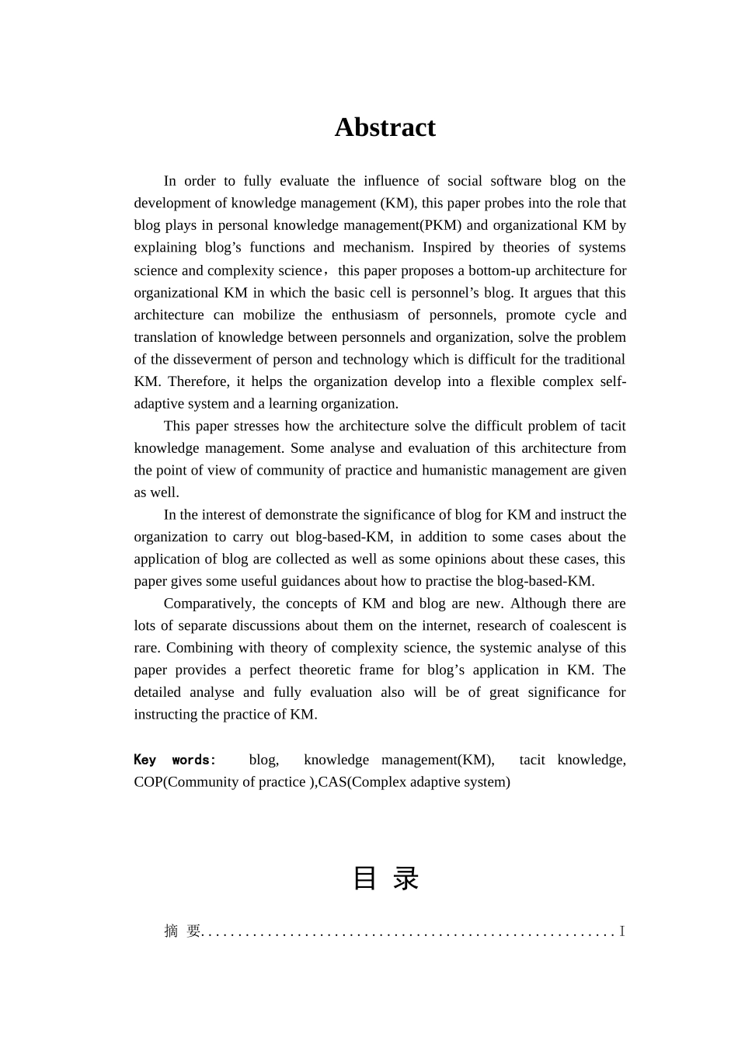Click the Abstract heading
[385, 127]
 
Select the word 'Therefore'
[197, 381]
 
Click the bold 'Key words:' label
[175, 760]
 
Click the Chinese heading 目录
[385, 879]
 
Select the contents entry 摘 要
[183, 931]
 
